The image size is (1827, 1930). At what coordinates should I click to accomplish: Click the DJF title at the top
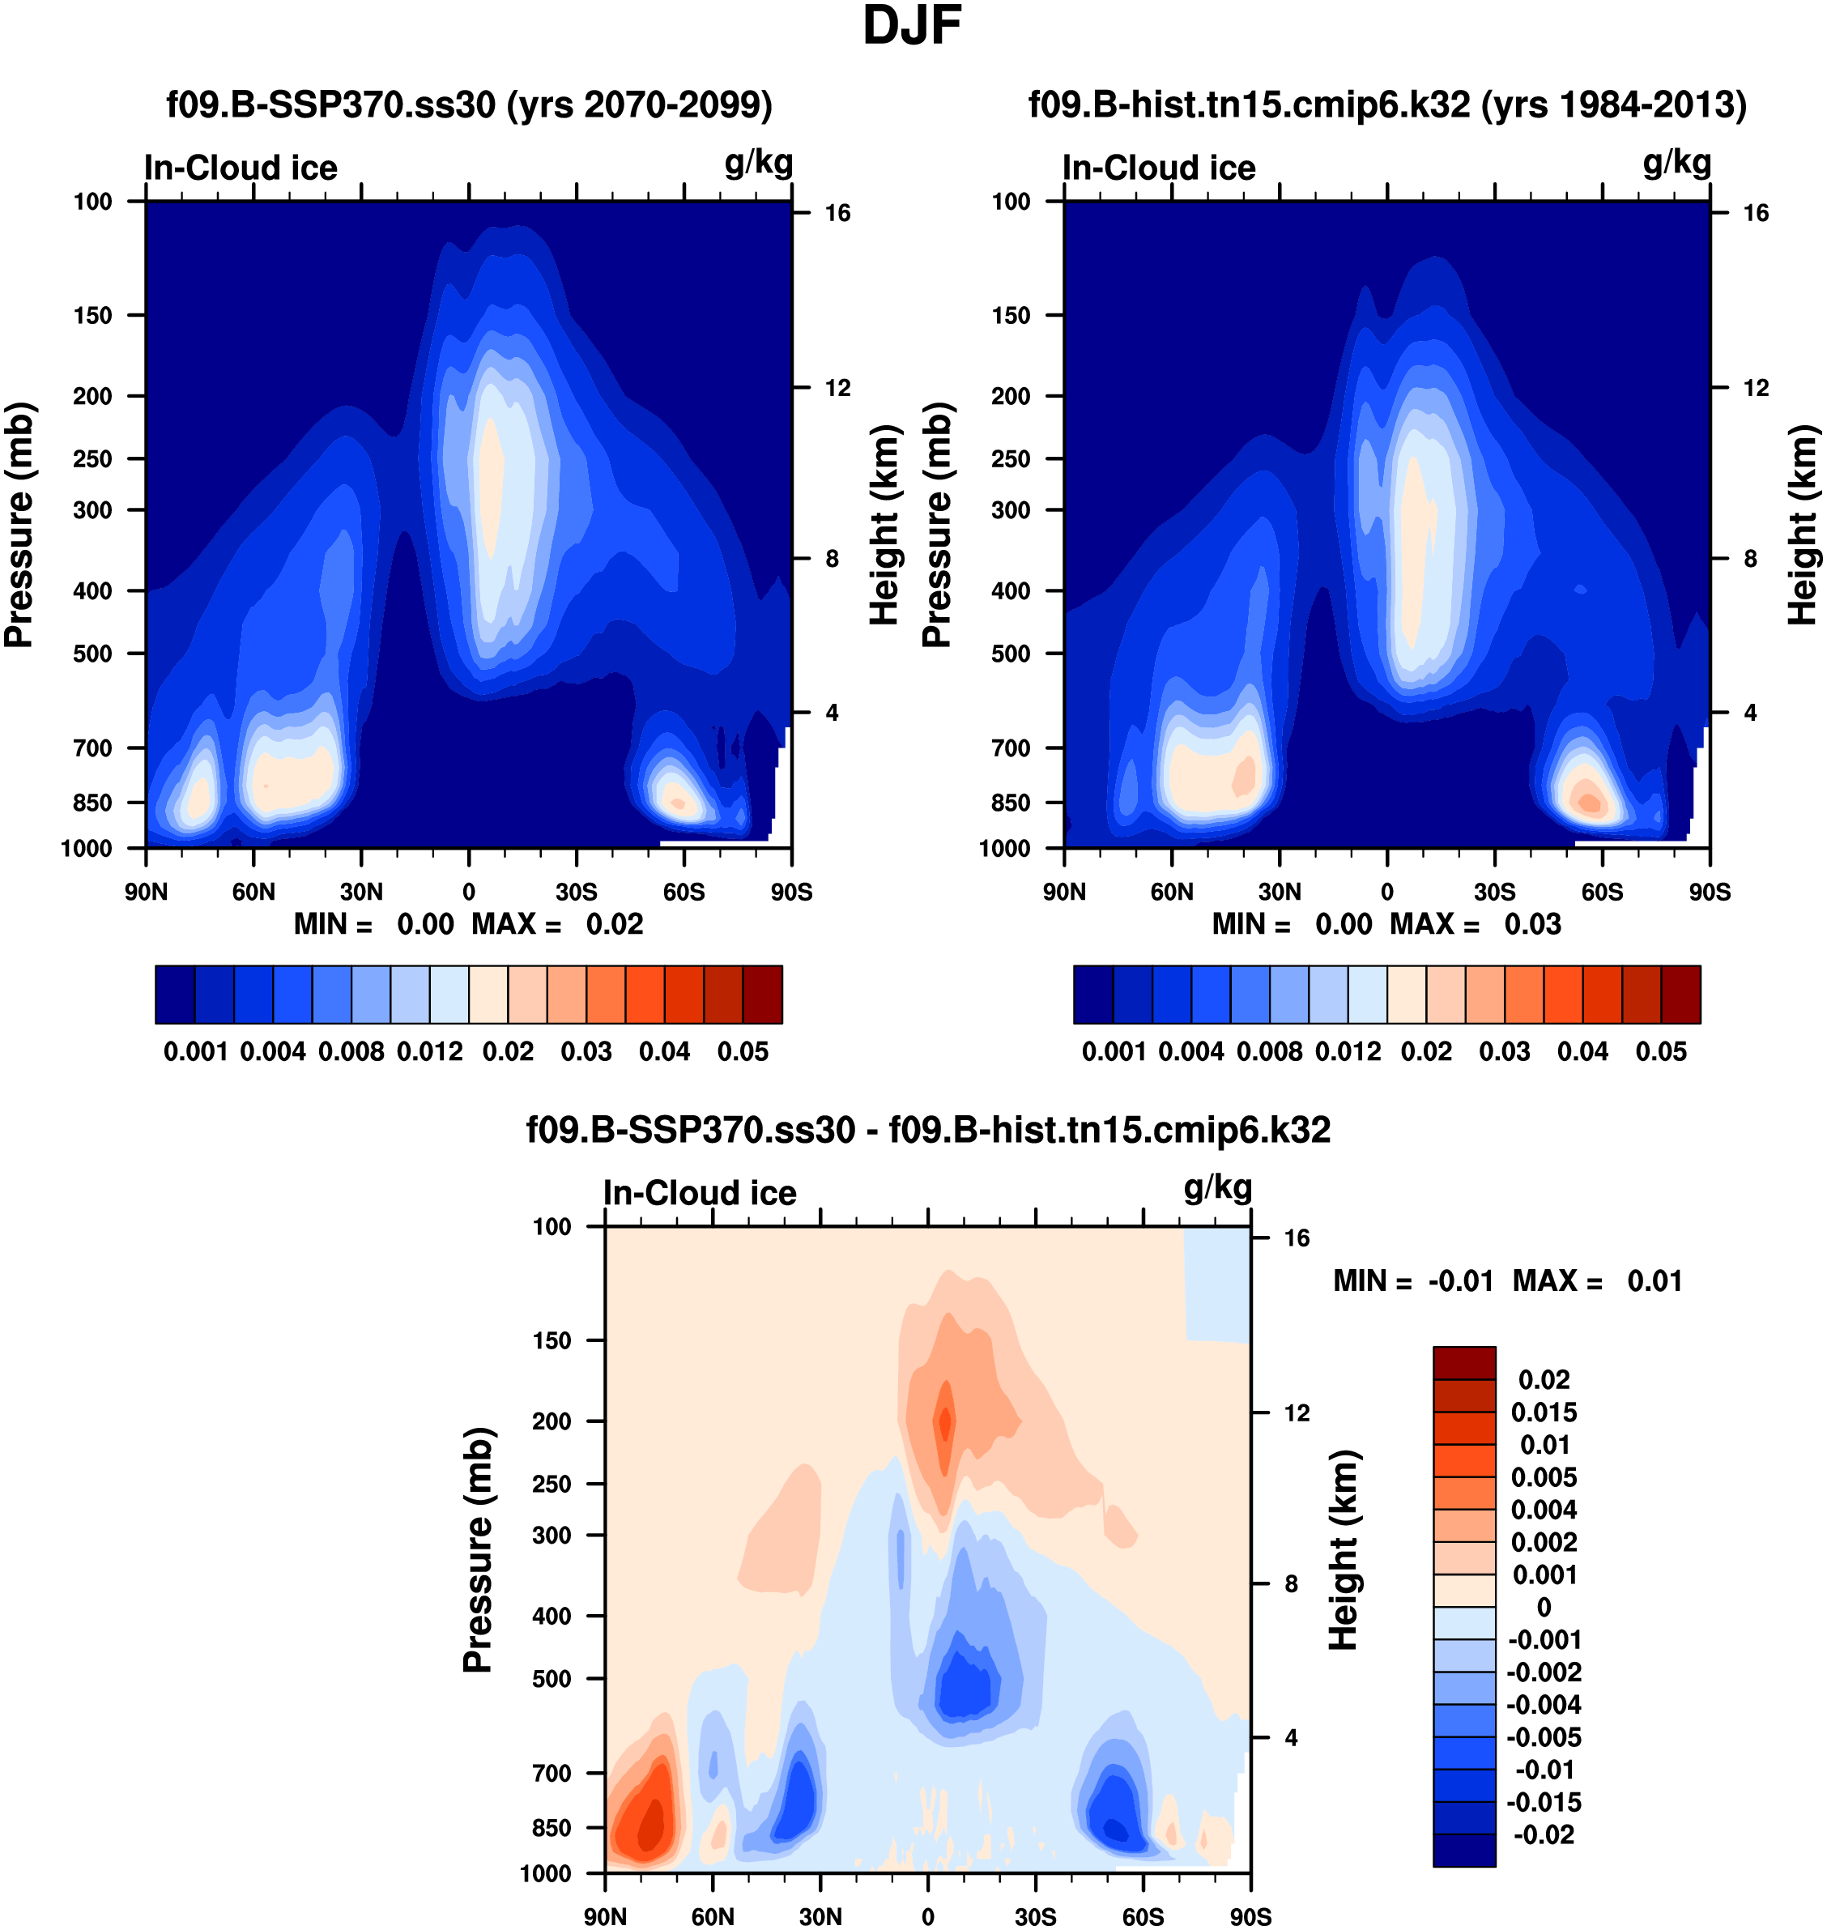click(912, 26)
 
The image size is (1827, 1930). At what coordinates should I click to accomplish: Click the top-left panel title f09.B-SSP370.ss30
click(470, 104)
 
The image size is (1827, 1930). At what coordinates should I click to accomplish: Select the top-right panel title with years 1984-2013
click(1386, 104)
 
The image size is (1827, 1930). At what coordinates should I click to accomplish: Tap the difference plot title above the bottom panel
click(928, 1130)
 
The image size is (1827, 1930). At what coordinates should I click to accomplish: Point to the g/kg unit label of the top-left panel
click(758, 162)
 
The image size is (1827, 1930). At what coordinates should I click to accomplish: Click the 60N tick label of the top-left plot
click(253, 892)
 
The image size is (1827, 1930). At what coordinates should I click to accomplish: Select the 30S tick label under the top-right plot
click(1494, 892)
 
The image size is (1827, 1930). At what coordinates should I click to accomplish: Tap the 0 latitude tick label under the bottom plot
click(927, 1916)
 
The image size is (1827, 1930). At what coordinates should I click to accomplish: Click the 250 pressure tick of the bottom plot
click(552, 1484)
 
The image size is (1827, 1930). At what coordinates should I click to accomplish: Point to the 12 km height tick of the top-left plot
click(837, 389)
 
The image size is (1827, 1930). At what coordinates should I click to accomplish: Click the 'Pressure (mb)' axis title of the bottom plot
click(478, 1549)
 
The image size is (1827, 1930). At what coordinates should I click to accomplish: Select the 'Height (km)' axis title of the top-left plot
click(883, 525)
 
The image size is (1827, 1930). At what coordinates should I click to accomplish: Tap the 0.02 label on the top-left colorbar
click(508, 1052)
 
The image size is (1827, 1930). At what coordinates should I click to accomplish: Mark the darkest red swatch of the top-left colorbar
click(763, 995)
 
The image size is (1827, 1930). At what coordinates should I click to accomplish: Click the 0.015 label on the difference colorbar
click(1544, 1412)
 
